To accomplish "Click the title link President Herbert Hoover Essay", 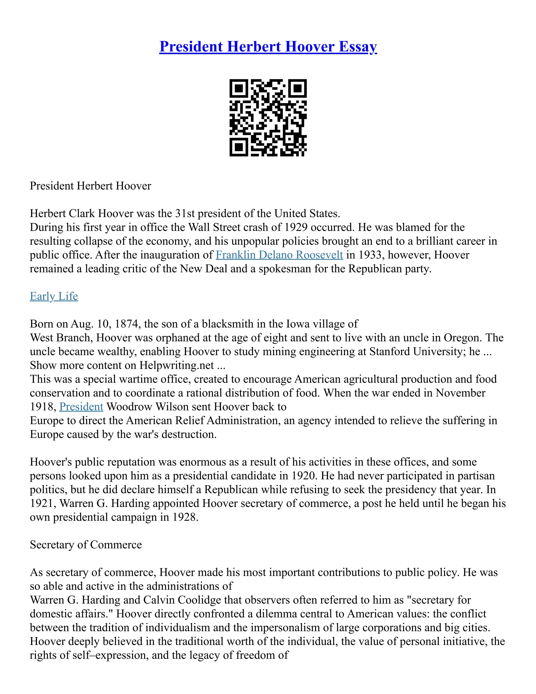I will tap(268, 47).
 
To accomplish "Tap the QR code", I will tap(268, 118).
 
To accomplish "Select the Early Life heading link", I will tap(54, 296).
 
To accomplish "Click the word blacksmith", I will tap(227, 324).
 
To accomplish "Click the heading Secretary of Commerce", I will tap(86, 545).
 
